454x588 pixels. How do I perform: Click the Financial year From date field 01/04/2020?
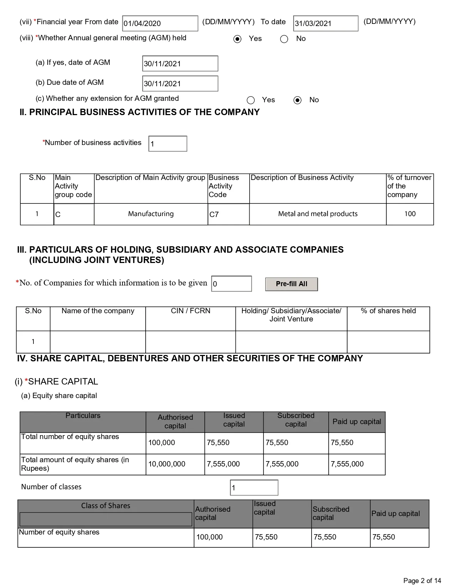(x=160, y=24)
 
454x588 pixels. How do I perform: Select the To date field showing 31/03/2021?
(x=325, y=24)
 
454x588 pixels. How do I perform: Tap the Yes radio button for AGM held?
(x=238, y=39)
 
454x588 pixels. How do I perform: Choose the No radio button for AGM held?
(x=284, y=39)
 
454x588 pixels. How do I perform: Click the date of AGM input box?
(x=180, y=64)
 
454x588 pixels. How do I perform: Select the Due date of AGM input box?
(x=180, y=84)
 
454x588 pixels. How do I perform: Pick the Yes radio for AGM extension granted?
(x=251, y=100)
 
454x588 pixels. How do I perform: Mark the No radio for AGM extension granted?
(x=297, y=100)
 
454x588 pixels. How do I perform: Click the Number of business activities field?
(x=168, y=144)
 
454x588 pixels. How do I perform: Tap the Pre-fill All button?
(x=291, y=284)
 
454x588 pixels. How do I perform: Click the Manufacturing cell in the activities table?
(x=151, y=214)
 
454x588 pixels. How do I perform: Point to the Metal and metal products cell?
(x=318, y=214)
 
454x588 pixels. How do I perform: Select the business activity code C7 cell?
(x=228, y=214)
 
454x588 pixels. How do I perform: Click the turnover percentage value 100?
(x=410, y=214)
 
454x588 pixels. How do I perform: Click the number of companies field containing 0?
(x=231, y=284)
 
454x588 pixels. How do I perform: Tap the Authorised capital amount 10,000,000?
(x=167, y=464)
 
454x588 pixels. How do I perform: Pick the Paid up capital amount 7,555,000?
(x=347, y=464)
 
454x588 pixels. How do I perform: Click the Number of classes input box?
(x=254, y=488)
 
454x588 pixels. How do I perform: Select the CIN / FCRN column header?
(x=191, y=311)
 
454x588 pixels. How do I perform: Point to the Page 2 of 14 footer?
(x=422, y=581)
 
